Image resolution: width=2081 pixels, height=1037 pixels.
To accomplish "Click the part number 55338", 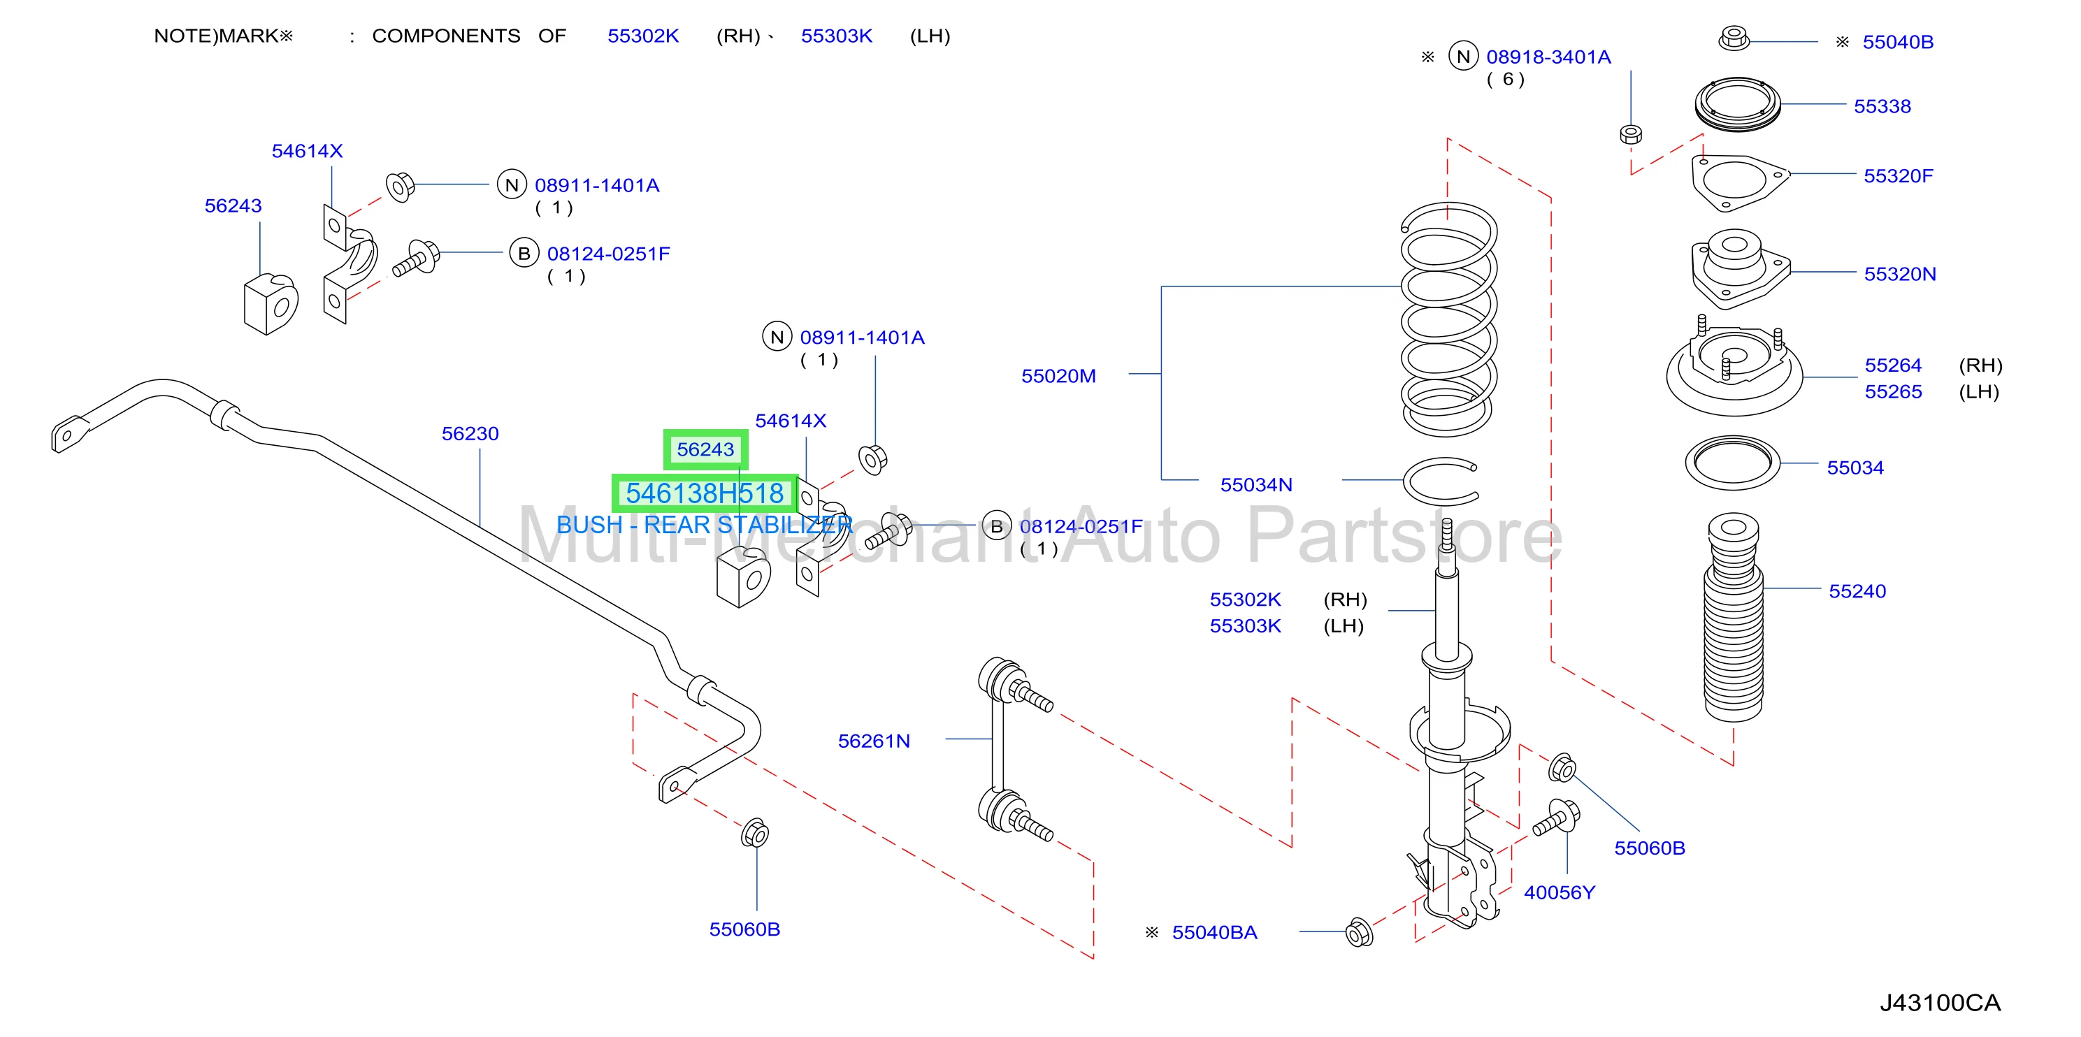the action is click(1882, 107).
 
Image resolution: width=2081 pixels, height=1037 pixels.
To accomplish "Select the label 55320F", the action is click(1898, 176).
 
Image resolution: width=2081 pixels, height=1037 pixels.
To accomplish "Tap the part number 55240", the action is click(1857, 591).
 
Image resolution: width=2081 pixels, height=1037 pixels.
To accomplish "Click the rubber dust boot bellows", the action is click(1733, 617).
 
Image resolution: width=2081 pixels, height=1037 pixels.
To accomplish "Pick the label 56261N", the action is click(873, 741).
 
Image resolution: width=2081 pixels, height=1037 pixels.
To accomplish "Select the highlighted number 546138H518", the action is click(705, 493).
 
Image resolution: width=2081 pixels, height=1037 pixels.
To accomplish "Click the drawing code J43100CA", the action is click(1940, 1003).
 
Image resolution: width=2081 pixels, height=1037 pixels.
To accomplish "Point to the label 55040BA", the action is click(1214, 933).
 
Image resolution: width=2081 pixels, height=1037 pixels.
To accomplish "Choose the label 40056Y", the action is click(1559, 892).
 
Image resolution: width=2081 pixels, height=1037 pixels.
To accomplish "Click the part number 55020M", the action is click(1058, 377).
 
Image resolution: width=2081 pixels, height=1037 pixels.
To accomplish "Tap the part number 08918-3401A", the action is click(1548, 57).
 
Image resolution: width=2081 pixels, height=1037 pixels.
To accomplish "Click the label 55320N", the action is click(1899, 275).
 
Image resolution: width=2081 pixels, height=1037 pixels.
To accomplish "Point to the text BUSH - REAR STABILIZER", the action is click(705, 525).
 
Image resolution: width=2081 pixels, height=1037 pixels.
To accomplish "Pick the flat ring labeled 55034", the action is click(1732, 463).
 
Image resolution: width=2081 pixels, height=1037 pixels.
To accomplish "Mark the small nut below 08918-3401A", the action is click(1630, 134).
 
